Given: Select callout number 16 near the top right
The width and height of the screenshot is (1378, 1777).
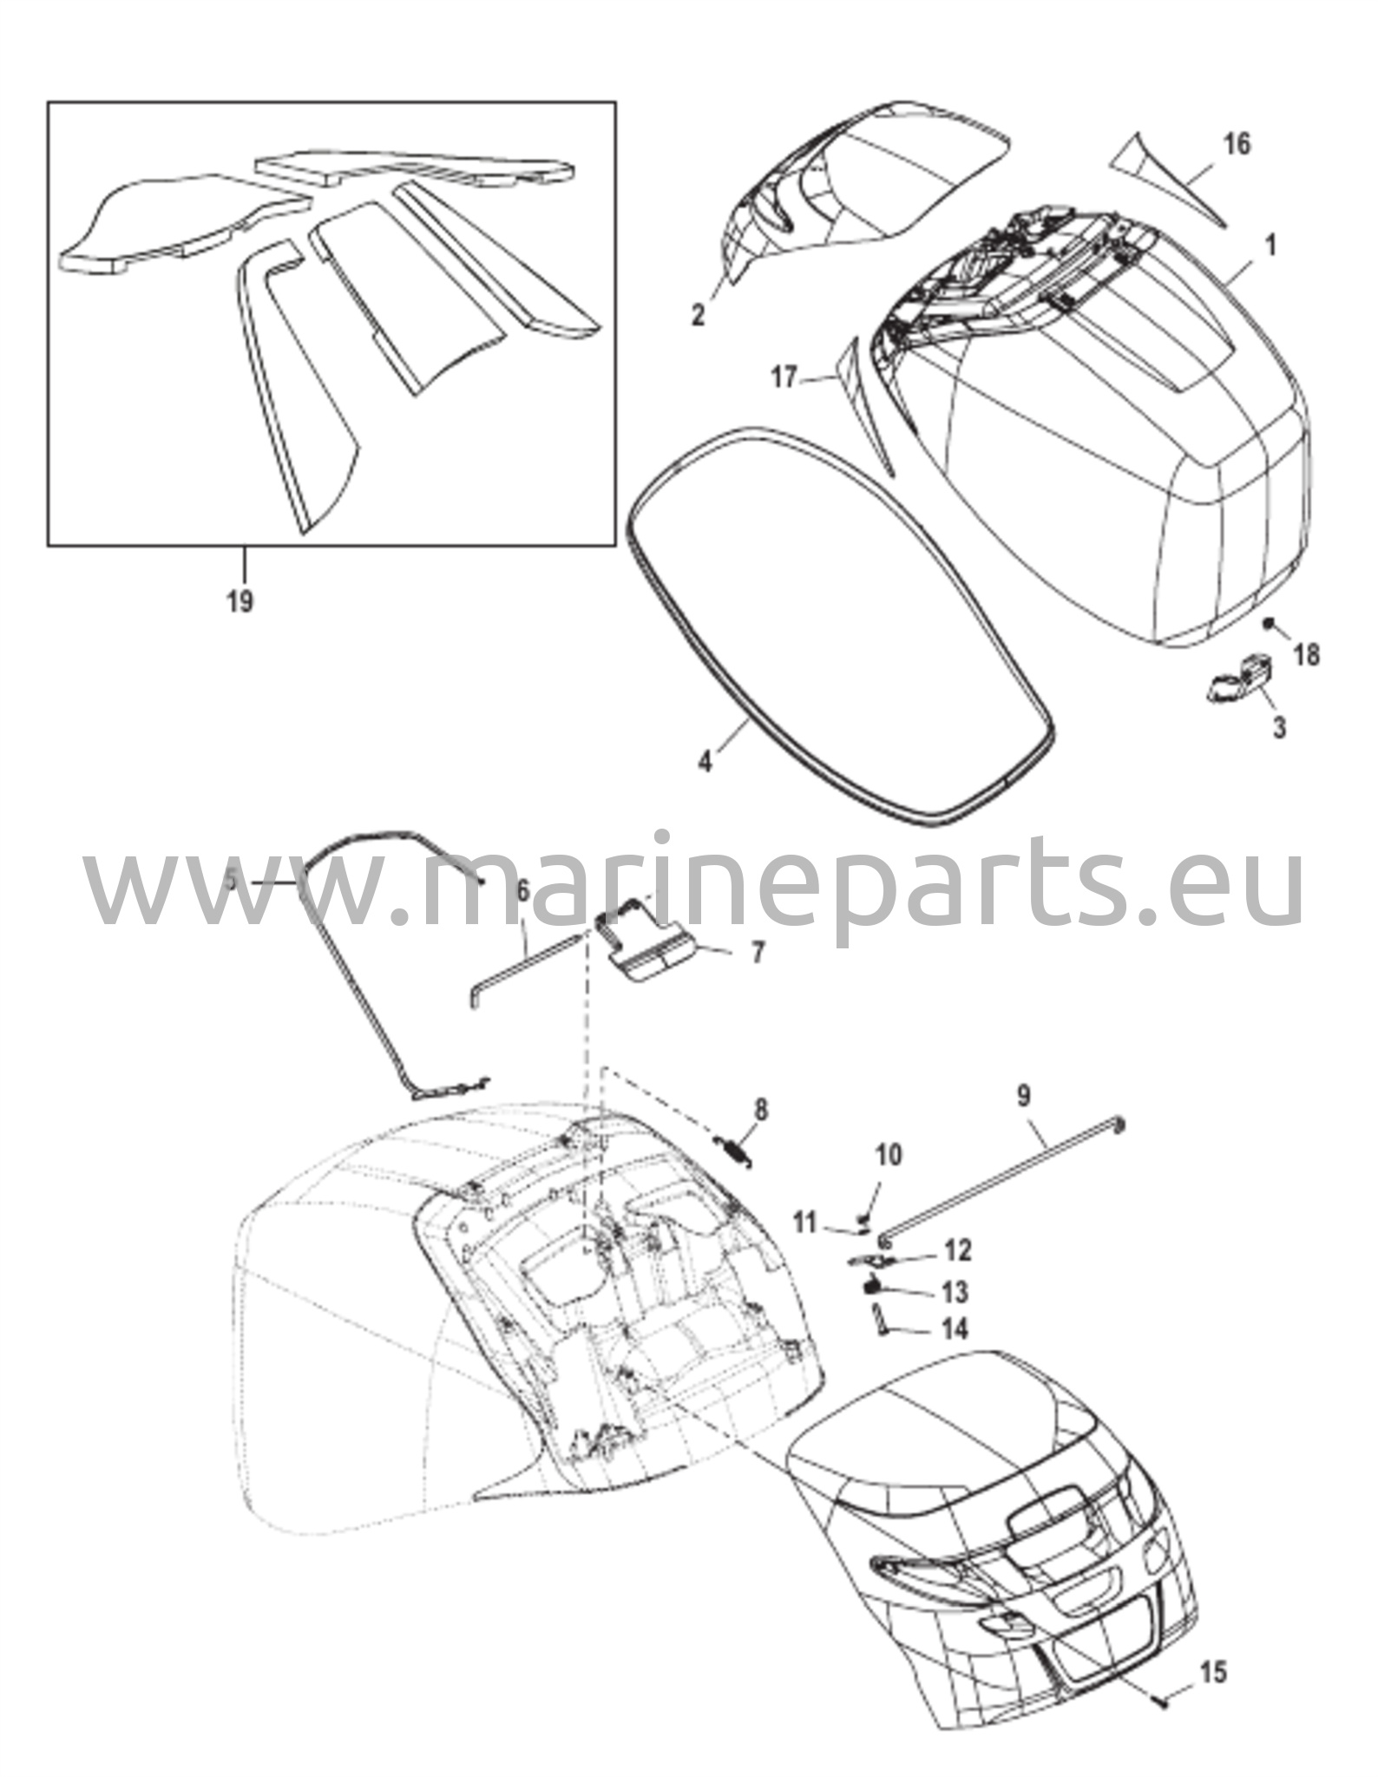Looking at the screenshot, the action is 1238,143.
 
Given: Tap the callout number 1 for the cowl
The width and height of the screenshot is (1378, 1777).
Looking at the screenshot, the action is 1271,246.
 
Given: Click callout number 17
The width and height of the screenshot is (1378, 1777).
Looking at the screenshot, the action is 784,379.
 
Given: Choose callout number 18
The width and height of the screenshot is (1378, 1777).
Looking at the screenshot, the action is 1306,655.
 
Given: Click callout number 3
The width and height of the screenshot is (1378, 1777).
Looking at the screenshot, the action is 1279,728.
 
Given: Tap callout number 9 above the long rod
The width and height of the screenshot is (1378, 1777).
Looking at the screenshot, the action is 1024,1096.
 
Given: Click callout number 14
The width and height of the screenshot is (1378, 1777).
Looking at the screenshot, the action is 955,1328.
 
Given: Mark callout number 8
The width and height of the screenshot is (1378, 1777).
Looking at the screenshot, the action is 761,1109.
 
